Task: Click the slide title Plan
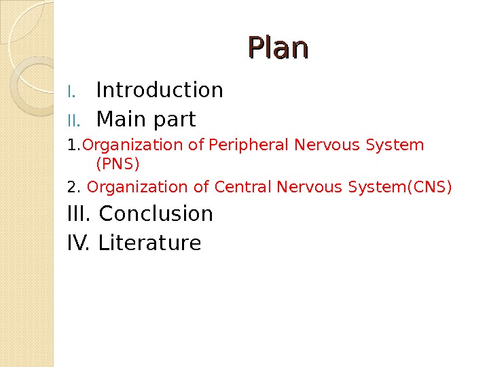click(278, 48)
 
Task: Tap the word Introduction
click(160, 90)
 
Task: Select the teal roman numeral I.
click(74, 91)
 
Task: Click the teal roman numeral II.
click(74, 121)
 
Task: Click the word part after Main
click(174, 121)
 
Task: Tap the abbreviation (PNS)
click(118, 164)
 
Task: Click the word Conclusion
click(156, 213)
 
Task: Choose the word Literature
click(149, 243)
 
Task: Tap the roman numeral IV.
click(79, 243)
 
